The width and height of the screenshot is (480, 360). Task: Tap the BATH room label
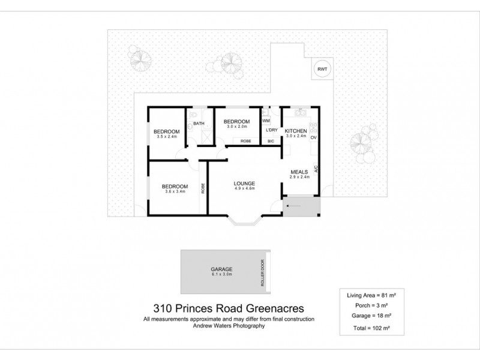coord(199,124)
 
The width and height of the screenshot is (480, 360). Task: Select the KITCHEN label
coord(296,131)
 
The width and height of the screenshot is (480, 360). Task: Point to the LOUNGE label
coord(245,183)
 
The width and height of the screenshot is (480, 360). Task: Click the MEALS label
coord(299,170)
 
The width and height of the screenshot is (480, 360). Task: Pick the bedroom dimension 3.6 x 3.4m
coord(175,192)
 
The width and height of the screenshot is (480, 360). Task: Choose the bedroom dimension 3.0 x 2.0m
coord(238,127)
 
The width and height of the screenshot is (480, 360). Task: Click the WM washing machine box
coord(266,121)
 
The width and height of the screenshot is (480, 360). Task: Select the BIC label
coord(271,142)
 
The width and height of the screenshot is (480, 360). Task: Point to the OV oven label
coord(313,137)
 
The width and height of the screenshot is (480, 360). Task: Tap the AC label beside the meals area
coord(315,170)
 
